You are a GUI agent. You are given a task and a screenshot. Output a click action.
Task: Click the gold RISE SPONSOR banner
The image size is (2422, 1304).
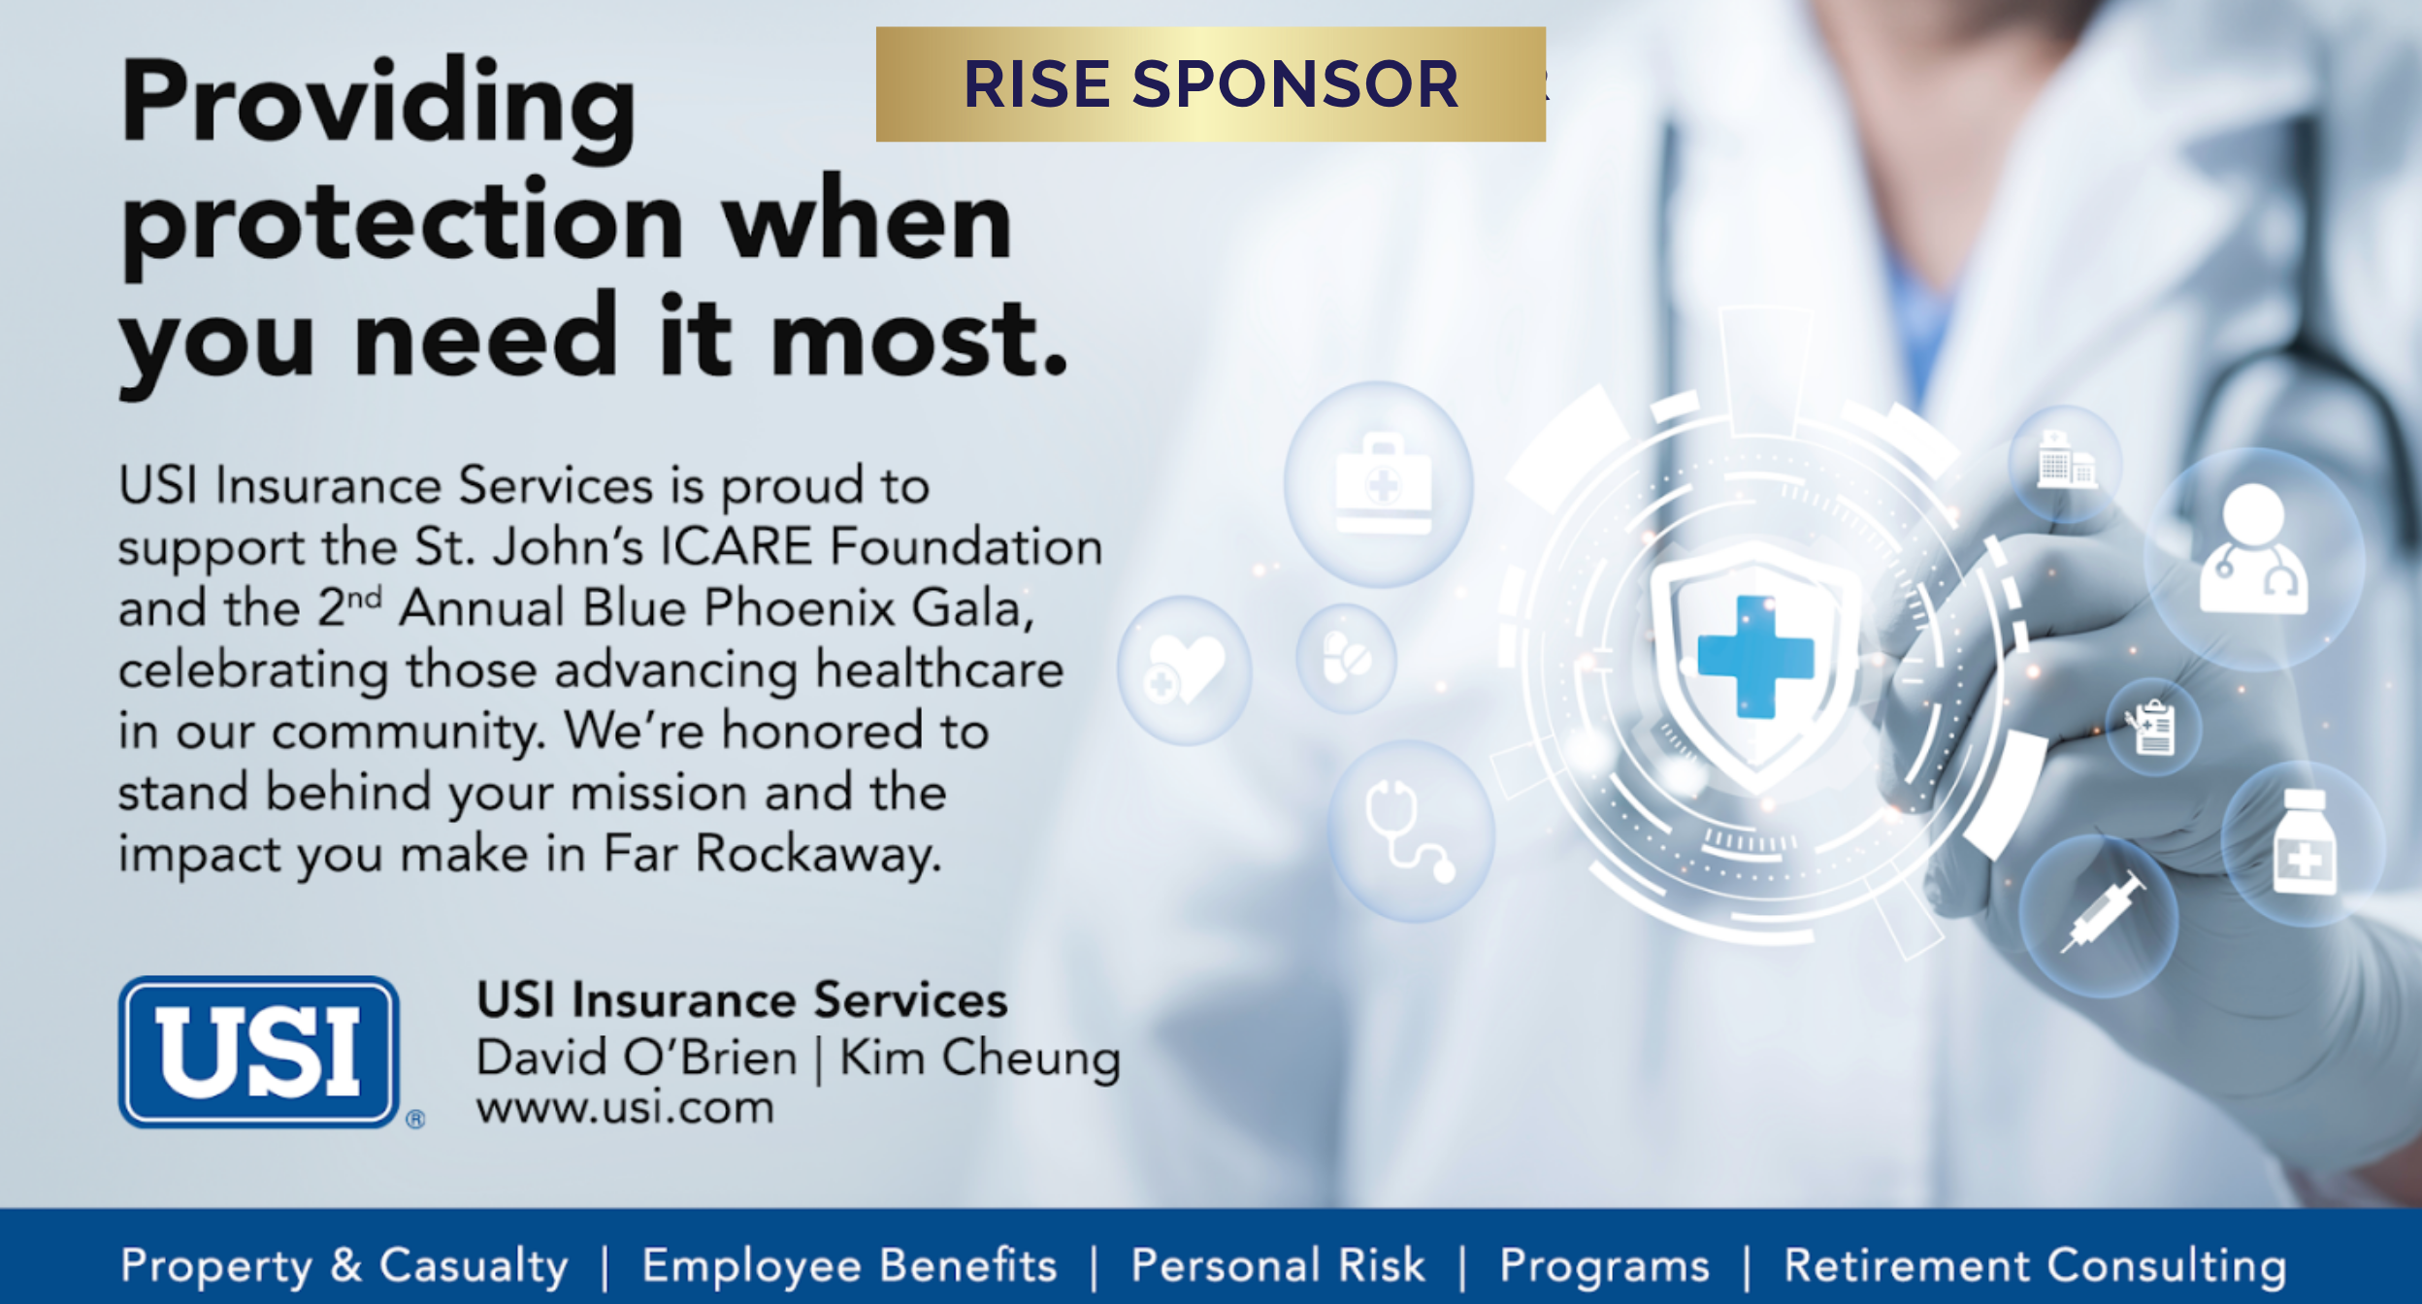click(x=1210, y=84)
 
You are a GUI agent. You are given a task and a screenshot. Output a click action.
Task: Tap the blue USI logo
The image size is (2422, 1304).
click(x=259, y=1052)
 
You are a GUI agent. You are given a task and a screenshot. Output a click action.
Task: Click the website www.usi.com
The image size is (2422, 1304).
click(x=626, y=1108)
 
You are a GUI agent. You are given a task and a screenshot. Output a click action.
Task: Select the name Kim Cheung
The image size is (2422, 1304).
click(x=980, y=1059)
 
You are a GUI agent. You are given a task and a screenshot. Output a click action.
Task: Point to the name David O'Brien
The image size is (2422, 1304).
click(x=637, y=1057)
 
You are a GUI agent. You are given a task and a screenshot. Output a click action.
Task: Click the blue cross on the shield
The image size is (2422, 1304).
click(x=1755, y=657)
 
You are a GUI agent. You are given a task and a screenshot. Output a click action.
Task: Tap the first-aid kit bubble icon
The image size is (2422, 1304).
click(x=1379, y=484)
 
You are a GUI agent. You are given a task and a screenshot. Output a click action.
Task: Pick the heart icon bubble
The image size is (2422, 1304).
click(x=1184, y=670)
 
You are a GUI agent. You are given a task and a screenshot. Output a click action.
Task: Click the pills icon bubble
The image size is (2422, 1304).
click(x=1346, y=658)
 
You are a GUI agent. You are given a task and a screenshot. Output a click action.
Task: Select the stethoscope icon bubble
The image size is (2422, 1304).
click(x=1412, y=831)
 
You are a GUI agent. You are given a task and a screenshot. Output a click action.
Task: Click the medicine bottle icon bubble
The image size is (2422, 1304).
click(x=2304, y=843)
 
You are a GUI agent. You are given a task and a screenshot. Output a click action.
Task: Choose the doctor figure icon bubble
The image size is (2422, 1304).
click(x=2253, y=560)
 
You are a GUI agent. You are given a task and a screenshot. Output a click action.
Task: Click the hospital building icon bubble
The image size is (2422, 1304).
click(x=2065, y=464)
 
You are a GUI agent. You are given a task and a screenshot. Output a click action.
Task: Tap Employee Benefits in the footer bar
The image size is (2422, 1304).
click(x=849, y=1266)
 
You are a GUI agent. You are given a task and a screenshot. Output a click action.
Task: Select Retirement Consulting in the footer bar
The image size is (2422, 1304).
click(x=2035, y=1267)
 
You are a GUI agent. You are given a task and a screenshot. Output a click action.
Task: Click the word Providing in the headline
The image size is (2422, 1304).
click(x=378, y=107)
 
